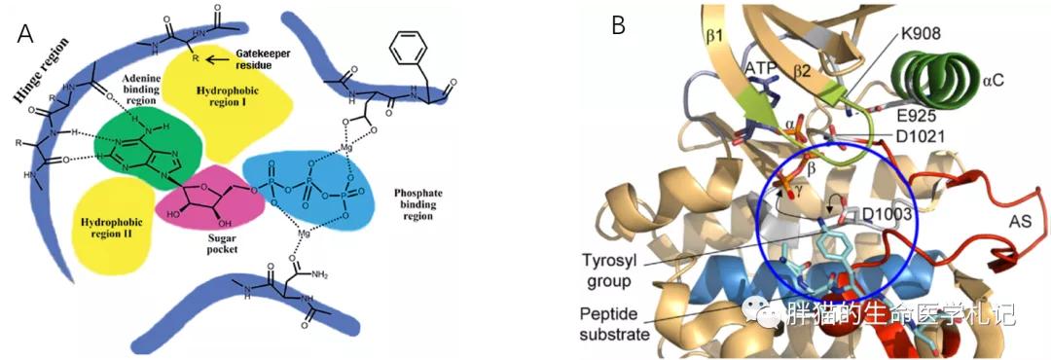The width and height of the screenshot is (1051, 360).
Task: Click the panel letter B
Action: coord(618,26)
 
